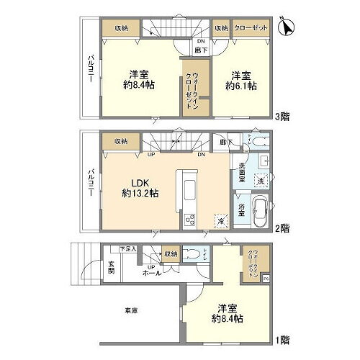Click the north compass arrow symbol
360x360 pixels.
(287, 27)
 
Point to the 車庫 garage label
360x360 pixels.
(130, 310)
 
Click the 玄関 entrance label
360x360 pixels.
(112, 265)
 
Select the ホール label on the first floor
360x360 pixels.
(151, 274)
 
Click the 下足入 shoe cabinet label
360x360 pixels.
(127, 248)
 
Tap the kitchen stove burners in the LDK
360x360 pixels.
(190, 220)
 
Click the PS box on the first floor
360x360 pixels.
(266, 277)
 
